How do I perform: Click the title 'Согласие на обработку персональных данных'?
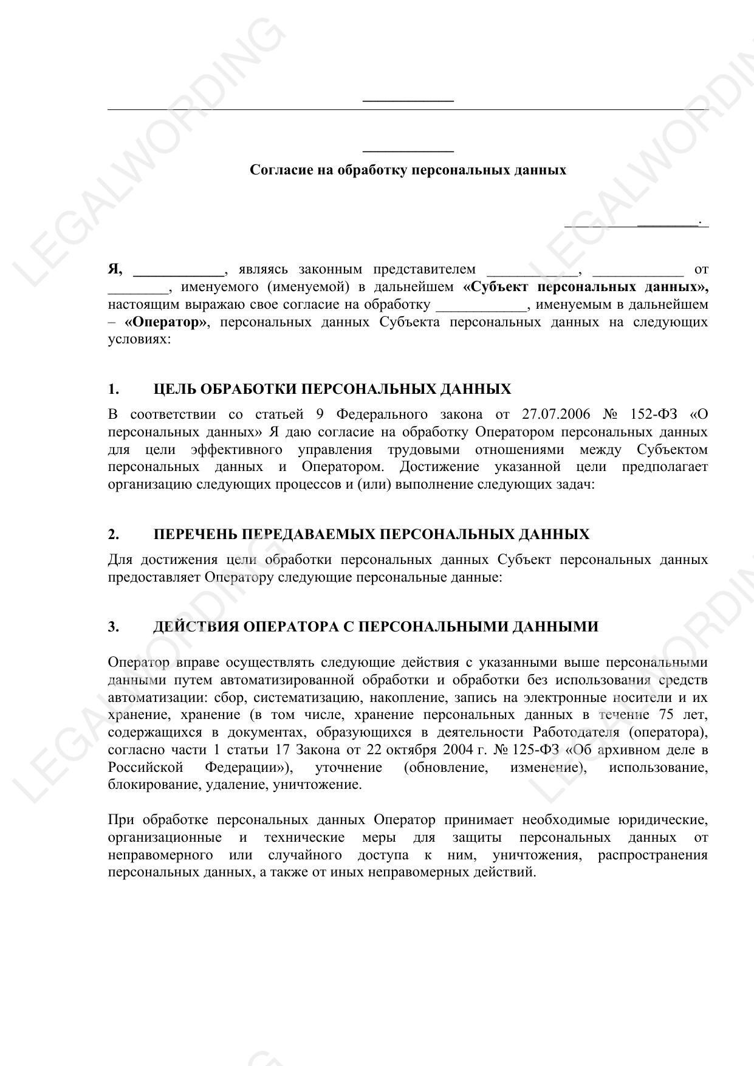click(408, 170)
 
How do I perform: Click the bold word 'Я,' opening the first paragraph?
click(115, 269)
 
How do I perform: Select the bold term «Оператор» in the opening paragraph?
click(165, 322)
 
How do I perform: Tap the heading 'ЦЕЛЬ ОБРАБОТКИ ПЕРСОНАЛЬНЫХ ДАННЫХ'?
click(332, 390)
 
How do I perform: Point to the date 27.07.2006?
click(555, 414)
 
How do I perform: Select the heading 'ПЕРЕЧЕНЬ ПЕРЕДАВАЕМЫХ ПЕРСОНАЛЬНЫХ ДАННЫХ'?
click(371, 535)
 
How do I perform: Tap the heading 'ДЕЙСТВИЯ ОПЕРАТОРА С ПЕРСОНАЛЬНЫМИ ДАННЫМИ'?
click(375, 627)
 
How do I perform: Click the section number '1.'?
click(114, 390)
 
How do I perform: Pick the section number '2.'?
click(114, 535)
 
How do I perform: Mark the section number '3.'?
click(114, 627)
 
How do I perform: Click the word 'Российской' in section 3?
click(145, 768)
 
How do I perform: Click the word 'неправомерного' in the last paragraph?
click(160, 856)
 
